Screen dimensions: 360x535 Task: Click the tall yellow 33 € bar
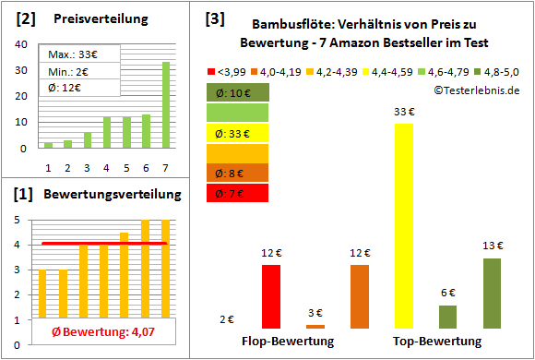[403, 225]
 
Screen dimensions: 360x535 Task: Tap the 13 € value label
[493, 245]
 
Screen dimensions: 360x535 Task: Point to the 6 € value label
[448, 292]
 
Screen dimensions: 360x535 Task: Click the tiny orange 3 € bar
[315, 326]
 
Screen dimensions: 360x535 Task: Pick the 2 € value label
[227, 319]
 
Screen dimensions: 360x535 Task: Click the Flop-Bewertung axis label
[288, 342]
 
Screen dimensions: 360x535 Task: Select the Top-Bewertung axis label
[437, 342]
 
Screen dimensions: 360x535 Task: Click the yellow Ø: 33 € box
[238, 133]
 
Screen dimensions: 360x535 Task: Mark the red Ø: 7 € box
[238, 193]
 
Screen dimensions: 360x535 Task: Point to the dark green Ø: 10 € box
[238, 92]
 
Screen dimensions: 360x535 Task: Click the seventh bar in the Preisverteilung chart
[166, 104]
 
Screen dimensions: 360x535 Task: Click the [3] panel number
[215, 18]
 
